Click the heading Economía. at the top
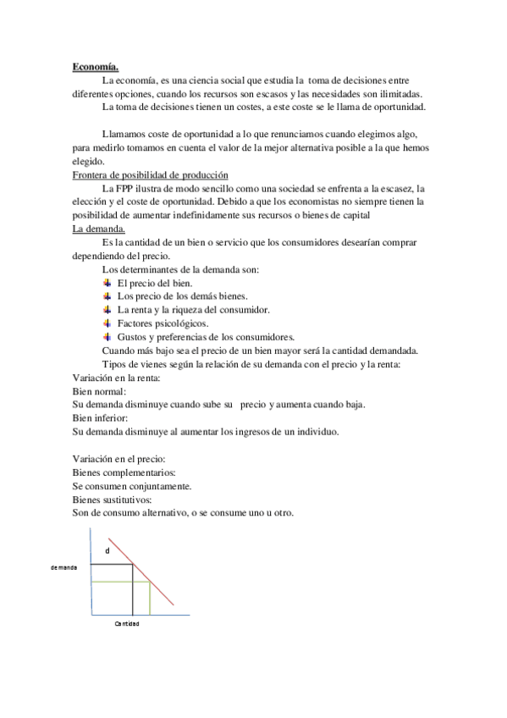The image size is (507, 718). pyautogui.click(x=96, y=67)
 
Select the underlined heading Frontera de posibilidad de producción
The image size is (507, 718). pyautogui.click(x=151, y=174)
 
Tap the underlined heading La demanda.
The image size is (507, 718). pyautogui.click(x=99, y=229)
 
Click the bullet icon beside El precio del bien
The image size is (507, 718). pyautogui.click(x=107, y=283)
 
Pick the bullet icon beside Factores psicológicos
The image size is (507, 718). pyautogui.click(x=107, y=323)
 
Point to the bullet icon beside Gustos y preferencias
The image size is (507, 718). pyautogui.click(x=107, y=337)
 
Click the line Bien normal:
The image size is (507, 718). pyautogui.click(x=99, y=391)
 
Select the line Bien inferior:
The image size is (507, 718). pyautogui.click(x=101, y=418)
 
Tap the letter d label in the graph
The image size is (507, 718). pyautogui.click(x=107, y=551)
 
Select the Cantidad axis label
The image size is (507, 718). pyautogui.click(x=127, y=623)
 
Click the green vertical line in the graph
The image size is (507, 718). pyautogui.click(x=151, y=598)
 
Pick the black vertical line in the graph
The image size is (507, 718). pyautogui.click(x=132, y=589)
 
